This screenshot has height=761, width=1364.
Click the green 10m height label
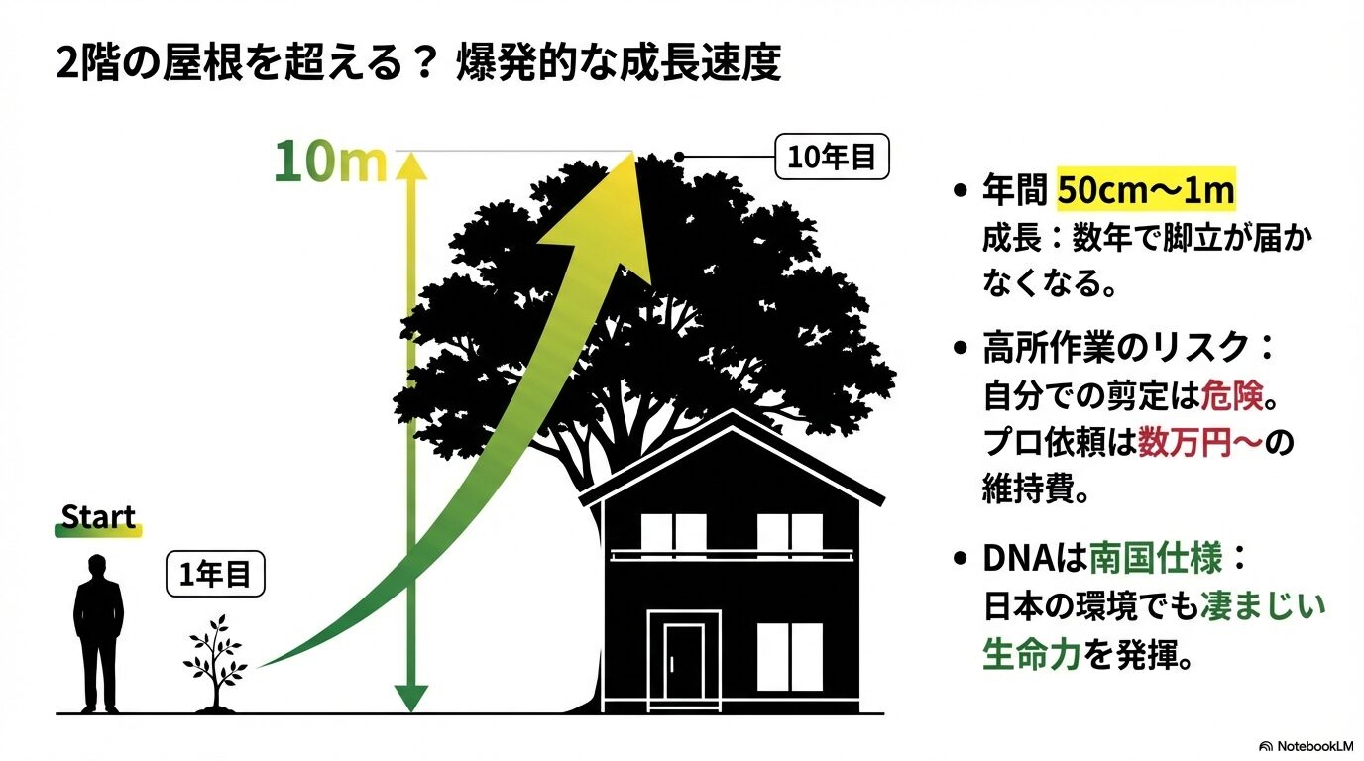[330, 163]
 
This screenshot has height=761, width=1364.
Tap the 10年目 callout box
[832, 158]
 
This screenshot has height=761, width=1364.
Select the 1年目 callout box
[215, 573]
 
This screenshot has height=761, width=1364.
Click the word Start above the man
[98, 517]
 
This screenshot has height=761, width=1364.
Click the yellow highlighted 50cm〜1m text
[1145, 190]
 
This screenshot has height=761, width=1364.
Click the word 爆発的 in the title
[506, 63]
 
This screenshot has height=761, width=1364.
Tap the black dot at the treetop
[679, 157]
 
